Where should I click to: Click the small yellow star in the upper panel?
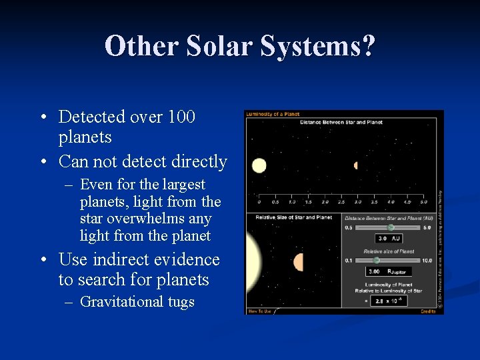(x=259, y=165)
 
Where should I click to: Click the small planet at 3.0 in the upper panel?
(x=356, y=165)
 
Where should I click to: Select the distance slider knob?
(x=391, y=227)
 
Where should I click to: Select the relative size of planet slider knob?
(x=377, y=260)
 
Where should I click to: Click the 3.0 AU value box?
(x=389, y=239)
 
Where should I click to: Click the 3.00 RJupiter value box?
(x=389, y=271)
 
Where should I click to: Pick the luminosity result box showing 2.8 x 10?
(x=389, y=301)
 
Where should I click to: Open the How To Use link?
(x=259, y=311)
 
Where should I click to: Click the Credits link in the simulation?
(x=428, y=311)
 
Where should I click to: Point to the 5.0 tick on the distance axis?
(x=423, y=201)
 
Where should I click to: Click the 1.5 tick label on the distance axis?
(x=307, y=201)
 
